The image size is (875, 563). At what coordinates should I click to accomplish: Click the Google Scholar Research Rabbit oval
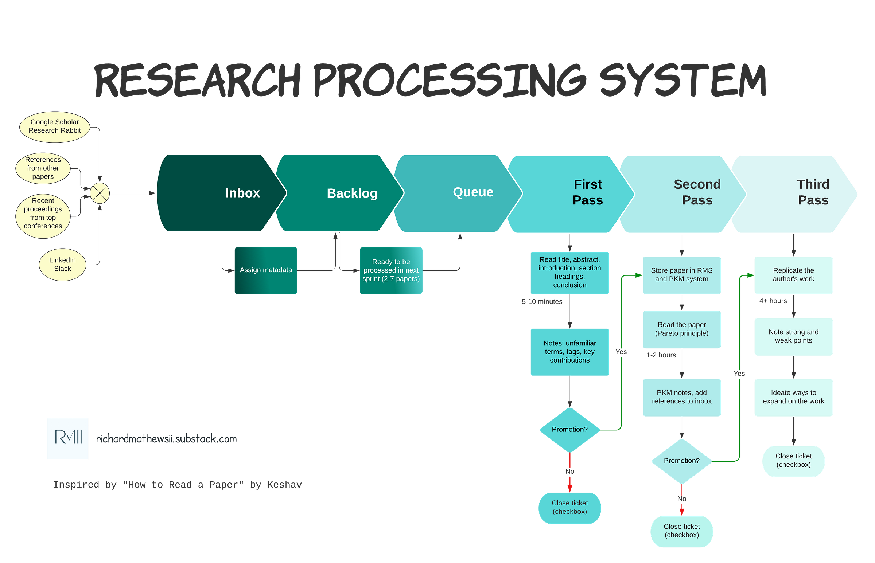(x=54, y=126)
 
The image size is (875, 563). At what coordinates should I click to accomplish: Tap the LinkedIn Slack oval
(x=63, y=264)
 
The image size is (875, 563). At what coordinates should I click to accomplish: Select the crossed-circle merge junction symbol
(x=100, y=193)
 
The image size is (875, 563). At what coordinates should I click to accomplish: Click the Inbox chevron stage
(x=219, y=193)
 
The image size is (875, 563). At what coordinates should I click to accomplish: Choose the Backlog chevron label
(x=352, y=193)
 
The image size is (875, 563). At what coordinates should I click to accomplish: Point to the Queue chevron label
(x=473, y=192)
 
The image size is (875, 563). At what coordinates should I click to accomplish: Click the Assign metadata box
(x=266, y=270)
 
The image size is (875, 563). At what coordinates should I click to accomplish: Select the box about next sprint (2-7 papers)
(x=391, y=270)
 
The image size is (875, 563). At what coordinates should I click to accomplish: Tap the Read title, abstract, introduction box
(x=569, y=272)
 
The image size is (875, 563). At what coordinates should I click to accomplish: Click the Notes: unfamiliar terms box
(x=569, y=352)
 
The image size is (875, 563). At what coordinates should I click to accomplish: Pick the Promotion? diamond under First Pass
(x=569, y=430)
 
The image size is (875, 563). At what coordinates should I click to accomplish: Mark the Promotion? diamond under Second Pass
(x=681, y=461)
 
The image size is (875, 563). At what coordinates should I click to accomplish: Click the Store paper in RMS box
(x=681, y=275)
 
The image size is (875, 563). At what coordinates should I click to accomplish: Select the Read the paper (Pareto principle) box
(x=681, y=329)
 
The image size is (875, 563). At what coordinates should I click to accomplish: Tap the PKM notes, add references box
(x=681, y=397)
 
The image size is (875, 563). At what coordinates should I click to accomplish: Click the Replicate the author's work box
(x=793, y=275)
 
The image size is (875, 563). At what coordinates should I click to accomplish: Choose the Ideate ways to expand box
(x=793, y=397)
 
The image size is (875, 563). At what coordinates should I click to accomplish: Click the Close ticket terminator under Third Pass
(x=793, y=461)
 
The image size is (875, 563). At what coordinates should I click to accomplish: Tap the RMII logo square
(x=68, y=438)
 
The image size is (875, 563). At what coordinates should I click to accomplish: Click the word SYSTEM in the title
(x=682, y=81)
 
